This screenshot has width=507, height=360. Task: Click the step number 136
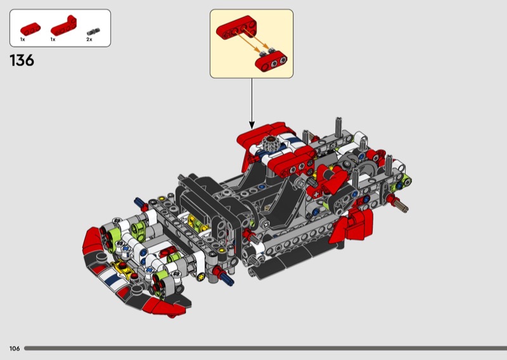22,60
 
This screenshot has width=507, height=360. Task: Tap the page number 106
15,349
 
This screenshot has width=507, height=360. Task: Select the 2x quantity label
89,39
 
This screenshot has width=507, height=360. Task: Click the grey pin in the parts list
93,32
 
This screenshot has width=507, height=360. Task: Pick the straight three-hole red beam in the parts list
30,29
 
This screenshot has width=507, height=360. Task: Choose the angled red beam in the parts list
64,25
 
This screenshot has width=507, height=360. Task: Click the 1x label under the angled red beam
53,39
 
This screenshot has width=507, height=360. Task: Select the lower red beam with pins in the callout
271,61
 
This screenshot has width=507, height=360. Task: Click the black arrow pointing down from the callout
252,103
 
